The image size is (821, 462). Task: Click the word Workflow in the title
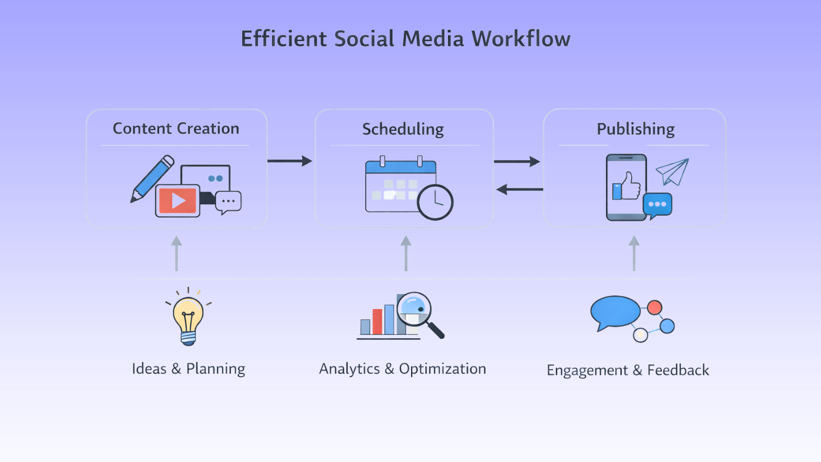pyautogui.click(x=521, y=39)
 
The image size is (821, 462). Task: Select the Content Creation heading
pyautogui.click(x=176, y=128)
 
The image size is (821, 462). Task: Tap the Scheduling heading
pyautogui.click(x=403, y=129)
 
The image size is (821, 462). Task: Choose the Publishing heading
pyautogui.click(x=635, y=129)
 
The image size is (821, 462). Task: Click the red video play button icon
pyautogui.click(x=178, y=200)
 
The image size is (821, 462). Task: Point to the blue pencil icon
pyautogui.click(x=153, y=178)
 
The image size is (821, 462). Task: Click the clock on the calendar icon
pyautogui.click(x=435, y=202)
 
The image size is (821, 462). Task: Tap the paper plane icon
pyautogui.click(x=673, y=171)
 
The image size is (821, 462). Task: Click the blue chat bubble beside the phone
pyautogui.click(x=657, y=204)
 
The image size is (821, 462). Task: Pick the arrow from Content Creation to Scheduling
pyautogui.click(x=290, y=161)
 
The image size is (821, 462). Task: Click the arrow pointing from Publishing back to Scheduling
pyautogui.click(x=519, y=189)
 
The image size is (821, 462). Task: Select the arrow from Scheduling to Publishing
pyautogui.click(x=517, y=162)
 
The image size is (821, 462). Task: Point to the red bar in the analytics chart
pyautogui.click(x=377, y=322)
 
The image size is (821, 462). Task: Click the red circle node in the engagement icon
pyautogui.click(x=654, y=307)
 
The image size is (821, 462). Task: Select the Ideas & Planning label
pyautogui.click(x=188, y=369)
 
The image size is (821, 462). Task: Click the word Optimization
pyautogui.click(x=442, y=369)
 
